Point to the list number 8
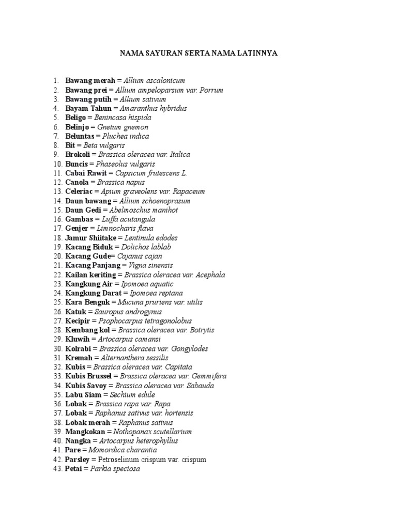tap(55, 145)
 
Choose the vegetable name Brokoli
tap(78, 155)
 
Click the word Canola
tap(77, 182)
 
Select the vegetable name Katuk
tap(75, 312)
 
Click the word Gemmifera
tap(209, 376)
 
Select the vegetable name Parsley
tap(78, 460)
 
